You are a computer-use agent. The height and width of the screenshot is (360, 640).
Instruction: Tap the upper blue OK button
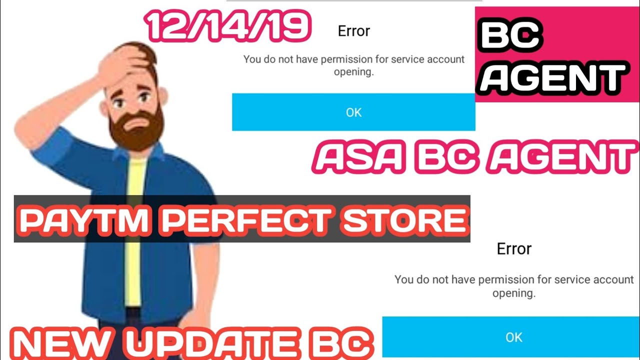[353, 112]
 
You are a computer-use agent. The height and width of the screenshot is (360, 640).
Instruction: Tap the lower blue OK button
[513, 337]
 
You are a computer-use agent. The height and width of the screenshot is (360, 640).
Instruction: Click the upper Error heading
[354, 31]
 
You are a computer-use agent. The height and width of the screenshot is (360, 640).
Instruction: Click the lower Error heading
[514, 248]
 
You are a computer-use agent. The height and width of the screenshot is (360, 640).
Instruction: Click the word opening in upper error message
[354, 71]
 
